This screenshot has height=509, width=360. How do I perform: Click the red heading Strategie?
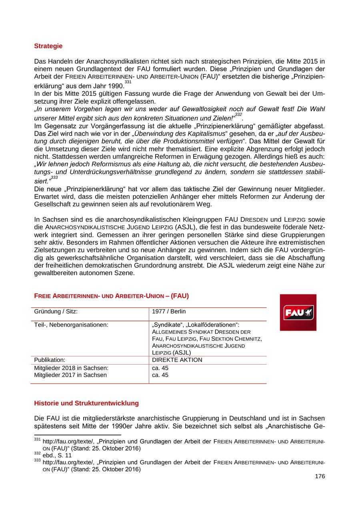48,46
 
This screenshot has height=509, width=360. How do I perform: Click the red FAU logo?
298,313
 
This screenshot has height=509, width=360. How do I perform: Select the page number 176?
320,476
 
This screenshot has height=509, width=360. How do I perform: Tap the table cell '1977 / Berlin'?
169,311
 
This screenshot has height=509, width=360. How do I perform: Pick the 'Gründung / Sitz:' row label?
56,311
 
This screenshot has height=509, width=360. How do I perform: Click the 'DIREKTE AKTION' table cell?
177,360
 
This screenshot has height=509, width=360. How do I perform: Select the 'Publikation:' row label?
50,360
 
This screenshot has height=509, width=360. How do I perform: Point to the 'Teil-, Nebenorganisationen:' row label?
71,325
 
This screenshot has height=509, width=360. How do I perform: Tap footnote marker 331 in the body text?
128,82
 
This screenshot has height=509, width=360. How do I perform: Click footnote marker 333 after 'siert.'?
54,177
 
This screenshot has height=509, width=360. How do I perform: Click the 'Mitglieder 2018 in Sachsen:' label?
71,368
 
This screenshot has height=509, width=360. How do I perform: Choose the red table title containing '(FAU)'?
112,296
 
